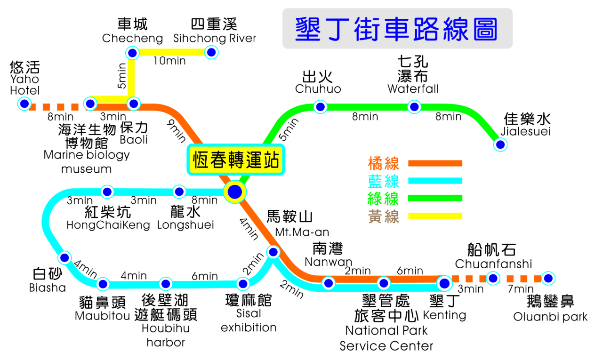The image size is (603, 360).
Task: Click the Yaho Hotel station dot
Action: [24, 104]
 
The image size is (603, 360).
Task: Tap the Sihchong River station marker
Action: [212, 52]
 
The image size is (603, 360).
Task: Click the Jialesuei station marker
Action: [500, 144]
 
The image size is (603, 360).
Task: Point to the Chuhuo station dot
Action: [321, 107]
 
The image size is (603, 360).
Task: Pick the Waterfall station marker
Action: [414, 107]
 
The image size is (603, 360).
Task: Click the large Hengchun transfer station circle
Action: [234, 192]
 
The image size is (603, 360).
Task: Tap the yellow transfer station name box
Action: [235, 160]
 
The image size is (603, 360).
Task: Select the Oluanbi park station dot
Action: [547, 278]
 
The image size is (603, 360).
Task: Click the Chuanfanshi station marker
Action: [493, 278]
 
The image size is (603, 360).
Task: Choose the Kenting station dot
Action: [444, 283]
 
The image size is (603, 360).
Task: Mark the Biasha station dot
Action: [64, 258]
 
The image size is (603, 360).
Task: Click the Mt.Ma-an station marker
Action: [273, 252]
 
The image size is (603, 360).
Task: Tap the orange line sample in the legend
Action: [435, 163]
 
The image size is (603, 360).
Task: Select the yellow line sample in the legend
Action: [435, 216]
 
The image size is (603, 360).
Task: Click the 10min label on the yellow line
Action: [169, 61]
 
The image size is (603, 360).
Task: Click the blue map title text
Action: [396, 28]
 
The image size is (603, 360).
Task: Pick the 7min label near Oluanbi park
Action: [521, 289]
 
